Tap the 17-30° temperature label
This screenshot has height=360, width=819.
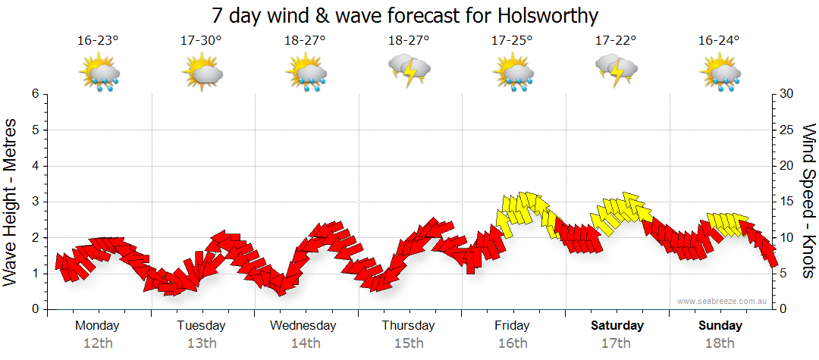pyautogui.click(x=201, y=41)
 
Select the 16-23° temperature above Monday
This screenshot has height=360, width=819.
pyautogui.click(x=98, y=41)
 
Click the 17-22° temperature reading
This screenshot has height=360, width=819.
pyautogui.click(x=616, y=41)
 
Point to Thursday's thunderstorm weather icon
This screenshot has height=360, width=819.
pyautogui.click(x=409, y=70)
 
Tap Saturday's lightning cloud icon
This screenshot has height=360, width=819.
pyautogui.click(x=617, y=70)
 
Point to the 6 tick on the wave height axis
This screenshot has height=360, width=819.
pyautogui.click(x=35, y=94)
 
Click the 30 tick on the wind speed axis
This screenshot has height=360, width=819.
pyautogui.click(x=786, y=94)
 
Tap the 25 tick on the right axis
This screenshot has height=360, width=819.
pyautogui.click(x=786, y=130)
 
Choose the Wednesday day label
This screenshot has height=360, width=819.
pyautogui.click(x=303, y=326)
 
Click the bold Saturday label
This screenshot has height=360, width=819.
pyautogui.click(x=617, y=326)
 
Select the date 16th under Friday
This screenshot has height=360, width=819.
pyautogui.click(x=513, y=343)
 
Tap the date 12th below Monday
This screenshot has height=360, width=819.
pyautogui.click(x=98, y=343)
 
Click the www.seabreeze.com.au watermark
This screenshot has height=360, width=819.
pyautogui.click(x=723, y=301)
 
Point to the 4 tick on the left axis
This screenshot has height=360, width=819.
pyautogui.click(x=35, y=166)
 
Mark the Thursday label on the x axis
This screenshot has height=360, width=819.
pyautogui.click(x=408, y=326)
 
